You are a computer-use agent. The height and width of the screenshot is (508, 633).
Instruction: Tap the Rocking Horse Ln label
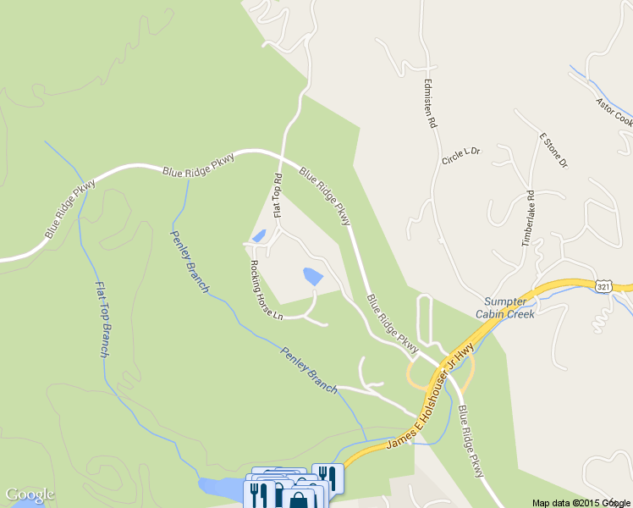[x=264, y=288]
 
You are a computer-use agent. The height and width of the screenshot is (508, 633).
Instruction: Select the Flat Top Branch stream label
[x=102, y=318]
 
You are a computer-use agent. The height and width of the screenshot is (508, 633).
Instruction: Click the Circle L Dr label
[x=460, y=156]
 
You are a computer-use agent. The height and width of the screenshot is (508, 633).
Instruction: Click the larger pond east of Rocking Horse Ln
[x=312, y=275]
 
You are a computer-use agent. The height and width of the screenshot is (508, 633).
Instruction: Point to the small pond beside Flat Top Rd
[x=259, y=236]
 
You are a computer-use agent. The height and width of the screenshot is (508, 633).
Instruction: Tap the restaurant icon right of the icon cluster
[x=328, y=477]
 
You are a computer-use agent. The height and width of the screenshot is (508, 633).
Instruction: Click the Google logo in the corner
[x=30, y=494]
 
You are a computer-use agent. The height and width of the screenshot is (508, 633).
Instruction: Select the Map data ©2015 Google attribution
[x=581, y=502]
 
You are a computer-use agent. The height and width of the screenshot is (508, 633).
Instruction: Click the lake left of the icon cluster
[x=218, y=486]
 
